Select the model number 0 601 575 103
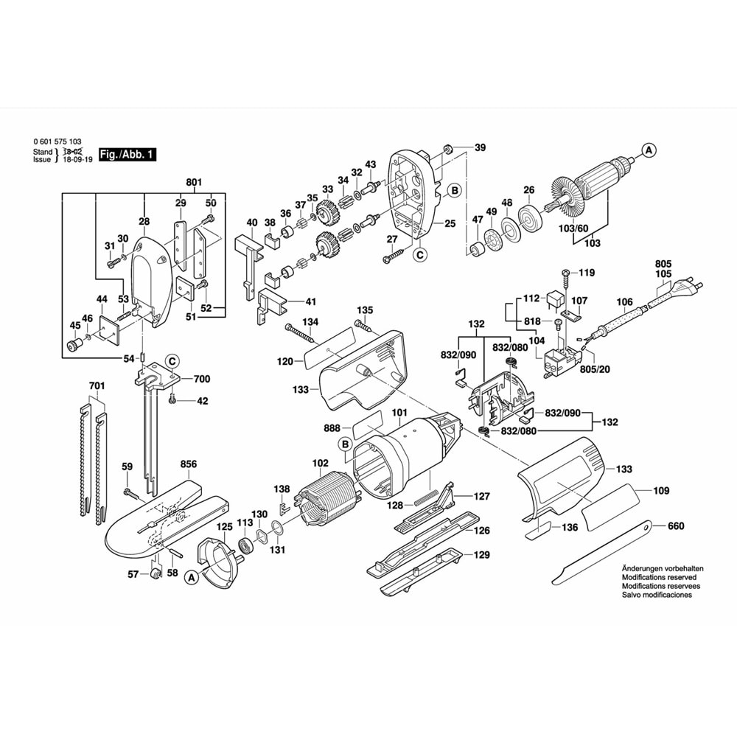[x=57, y=142]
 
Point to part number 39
[x=481, y=147]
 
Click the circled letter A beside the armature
[x=649, y=150]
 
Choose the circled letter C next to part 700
[x=171, y=361]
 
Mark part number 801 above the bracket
[x=194, y=182]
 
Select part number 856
[x=189, y=464]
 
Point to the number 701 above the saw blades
[x=97, y=386]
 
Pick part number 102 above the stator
[x=320, y=464]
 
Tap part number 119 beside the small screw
[x=587, y=273]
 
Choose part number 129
[x=481, y=554]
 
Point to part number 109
[x=661, y=489]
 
